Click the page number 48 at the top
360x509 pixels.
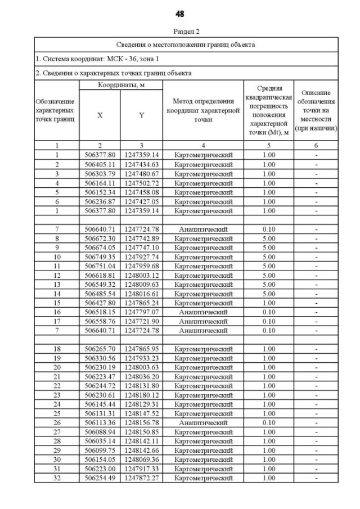180,13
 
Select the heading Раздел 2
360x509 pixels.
180,31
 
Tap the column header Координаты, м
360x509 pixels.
121,85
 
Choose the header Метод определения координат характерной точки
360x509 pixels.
203,110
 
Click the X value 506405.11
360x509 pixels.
100,164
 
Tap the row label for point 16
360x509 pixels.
57,311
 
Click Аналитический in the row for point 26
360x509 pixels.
203,423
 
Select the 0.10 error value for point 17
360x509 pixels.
269,321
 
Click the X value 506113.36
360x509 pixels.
100,423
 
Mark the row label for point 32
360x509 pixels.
57,478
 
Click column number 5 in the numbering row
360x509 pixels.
269,146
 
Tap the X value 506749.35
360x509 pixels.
100,256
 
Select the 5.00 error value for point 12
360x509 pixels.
269,274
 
